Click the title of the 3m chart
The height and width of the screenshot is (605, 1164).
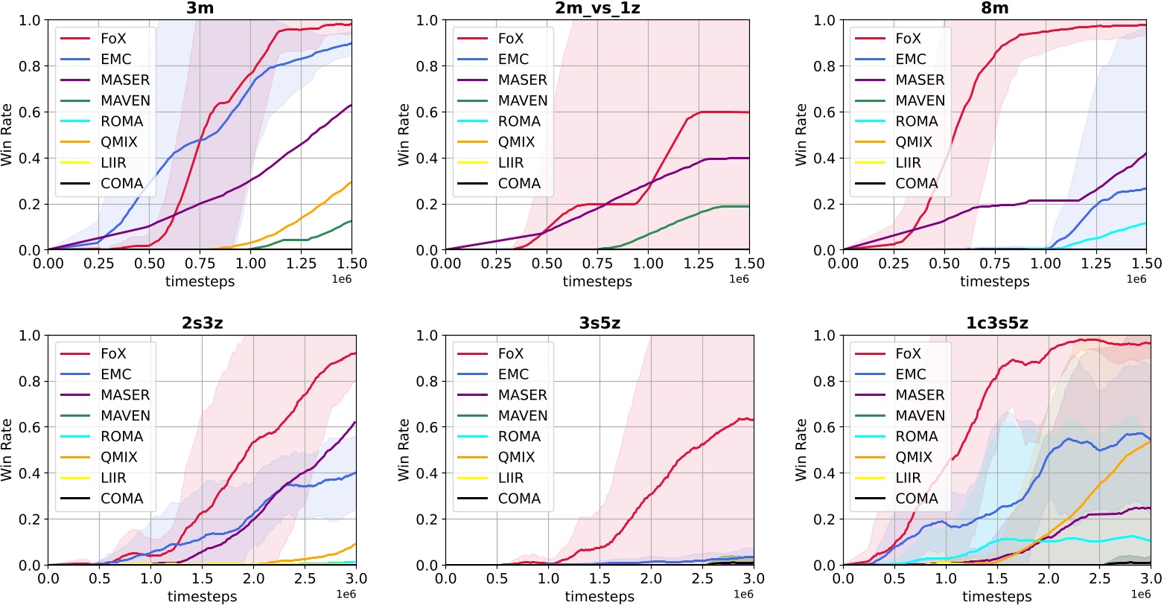(x=200, y=8)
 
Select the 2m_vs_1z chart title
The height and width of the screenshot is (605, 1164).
(x=597, y=8)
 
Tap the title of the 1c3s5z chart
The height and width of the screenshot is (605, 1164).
(x=996, y=323)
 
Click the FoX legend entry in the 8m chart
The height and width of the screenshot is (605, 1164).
(x=908, y=38)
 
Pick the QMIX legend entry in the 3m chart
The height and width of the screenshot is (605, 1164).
(x=119, y=141)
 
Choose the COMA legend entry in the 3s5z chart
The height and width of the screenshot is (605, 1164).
(x=519, y=499)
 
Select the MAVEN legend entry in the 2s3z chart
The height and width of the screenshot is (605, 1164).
(x=125, y=415)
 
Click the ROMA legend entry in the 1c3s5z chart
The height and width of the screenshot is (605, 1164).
(x=916, y=436)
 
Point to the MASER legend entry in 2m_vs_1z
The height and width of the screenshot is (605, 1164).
(x=522, y=80)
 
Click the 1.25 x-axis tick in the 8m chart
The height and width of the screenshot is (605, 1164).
(x=1096, y=263)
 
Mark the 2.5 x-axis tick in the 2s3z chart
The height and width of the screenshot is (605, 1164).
(x=305, y=578)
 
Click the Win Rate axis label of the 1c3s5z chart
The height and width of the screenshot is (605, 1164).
(x=801, y=449)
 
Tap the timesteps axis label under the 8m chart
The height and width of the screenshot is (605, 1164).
(x=995, y=281)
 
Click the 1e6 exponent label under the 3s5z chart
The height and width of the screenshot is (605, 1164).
(x=743, y=594)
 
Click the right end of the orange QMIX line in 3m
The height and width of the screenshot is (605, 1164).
(x=351, y=182)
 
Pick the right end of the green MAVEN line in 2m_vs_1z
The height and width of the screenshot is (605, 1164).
(x=748, y=206)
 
